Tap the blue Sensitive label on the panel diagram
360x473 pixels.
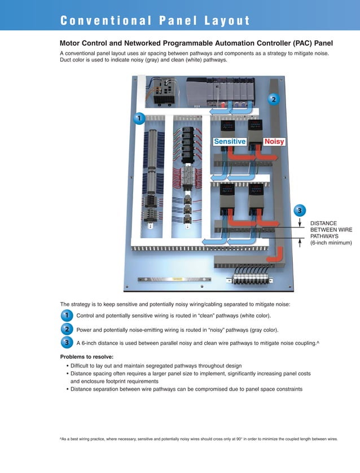click(x=230, y=142)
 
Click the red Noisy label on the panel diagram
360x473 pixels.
click(x=274, y=142)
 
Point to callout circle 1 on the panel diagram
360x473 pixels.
click(x=138, y=118)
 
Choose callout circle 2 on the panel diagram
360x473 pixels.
click(x=274, y=99)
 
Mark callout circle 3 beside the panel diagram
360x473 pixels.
click(x=300, y=211)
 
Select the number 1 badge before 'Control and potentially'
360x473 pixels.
click(x=67, y=315)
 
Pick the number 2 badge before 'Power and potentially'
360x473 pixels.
click(x=67, y=329)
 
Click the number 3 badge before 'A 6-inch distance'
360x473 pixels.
click(x=67, y=343)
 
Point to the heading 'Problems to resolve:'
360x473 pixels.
click(x=86, y=357)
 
